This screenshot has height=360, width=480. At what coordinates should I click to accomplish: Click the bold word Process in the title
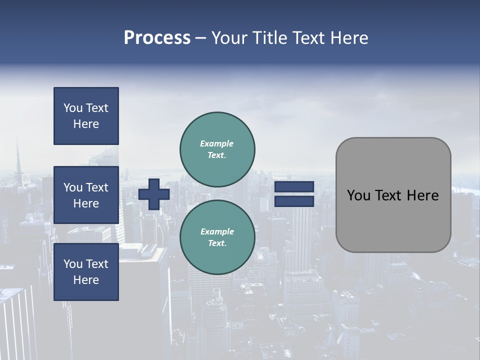coord(157,38)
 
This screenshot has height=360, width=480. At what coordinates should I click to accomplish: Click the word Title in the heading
coord(270,38)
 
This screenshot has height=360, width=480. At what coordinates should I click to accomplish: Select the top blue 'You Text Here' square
coord(86,116)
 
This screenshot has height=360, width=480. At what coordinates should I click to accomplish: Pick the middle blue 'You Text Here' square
coord(86,195)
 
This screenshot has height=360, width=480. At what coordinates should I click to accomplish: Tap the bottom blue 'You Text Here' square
coord(86,272)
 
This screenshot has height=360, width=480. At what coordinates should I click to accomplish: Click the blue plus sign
coord(153,194)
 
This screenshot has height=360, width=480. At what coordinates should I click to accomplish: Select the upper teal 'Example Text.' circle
coord(217,149)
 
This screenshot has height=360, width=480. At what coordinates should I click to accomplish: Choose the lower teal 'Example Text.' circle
coord(217,237)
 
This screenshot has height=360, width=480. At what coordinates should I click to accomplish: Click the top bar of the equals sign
coord(294,187)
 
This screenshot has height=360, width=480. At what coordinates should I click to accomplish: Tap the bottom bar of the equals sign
coord(294,201)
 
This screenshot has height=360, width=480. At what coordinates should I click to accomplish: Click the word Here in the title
coord(349,38)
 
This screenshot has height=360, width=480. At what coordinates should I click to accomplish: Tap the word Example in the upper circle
coord(216,143)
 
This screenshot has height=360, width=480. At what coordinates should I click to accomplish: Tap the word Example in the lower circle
coord(217,231)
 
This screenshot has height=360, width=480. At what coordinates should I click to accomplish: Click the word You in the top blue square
coord(73,108)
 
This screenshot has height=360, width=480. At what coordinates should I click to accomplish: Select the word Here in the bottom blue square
coord(86,280)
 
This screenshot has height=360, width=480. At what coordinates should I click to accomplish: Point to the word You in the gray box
coord(358,195)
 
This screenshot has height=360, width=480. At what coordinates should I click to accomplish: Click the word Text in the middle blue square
coord(97,187)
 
